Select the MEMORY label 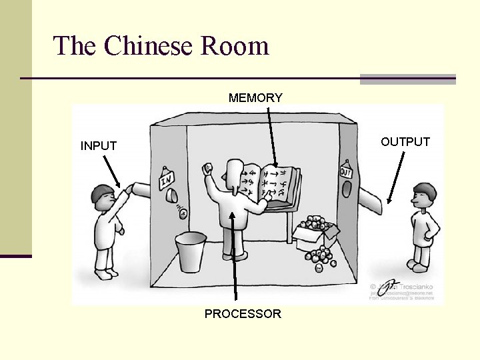[255, 98]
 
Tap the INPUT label [99, 145]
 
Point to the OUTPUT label [405, 141]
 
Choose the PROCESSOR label [243, 313]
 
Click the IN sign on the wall [166, 179]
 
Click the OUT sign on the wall [345, 172]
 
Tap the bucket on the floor [190, 252]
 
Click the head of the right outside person [422, 195]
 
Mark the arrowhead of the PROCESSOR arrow [233, 215]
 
